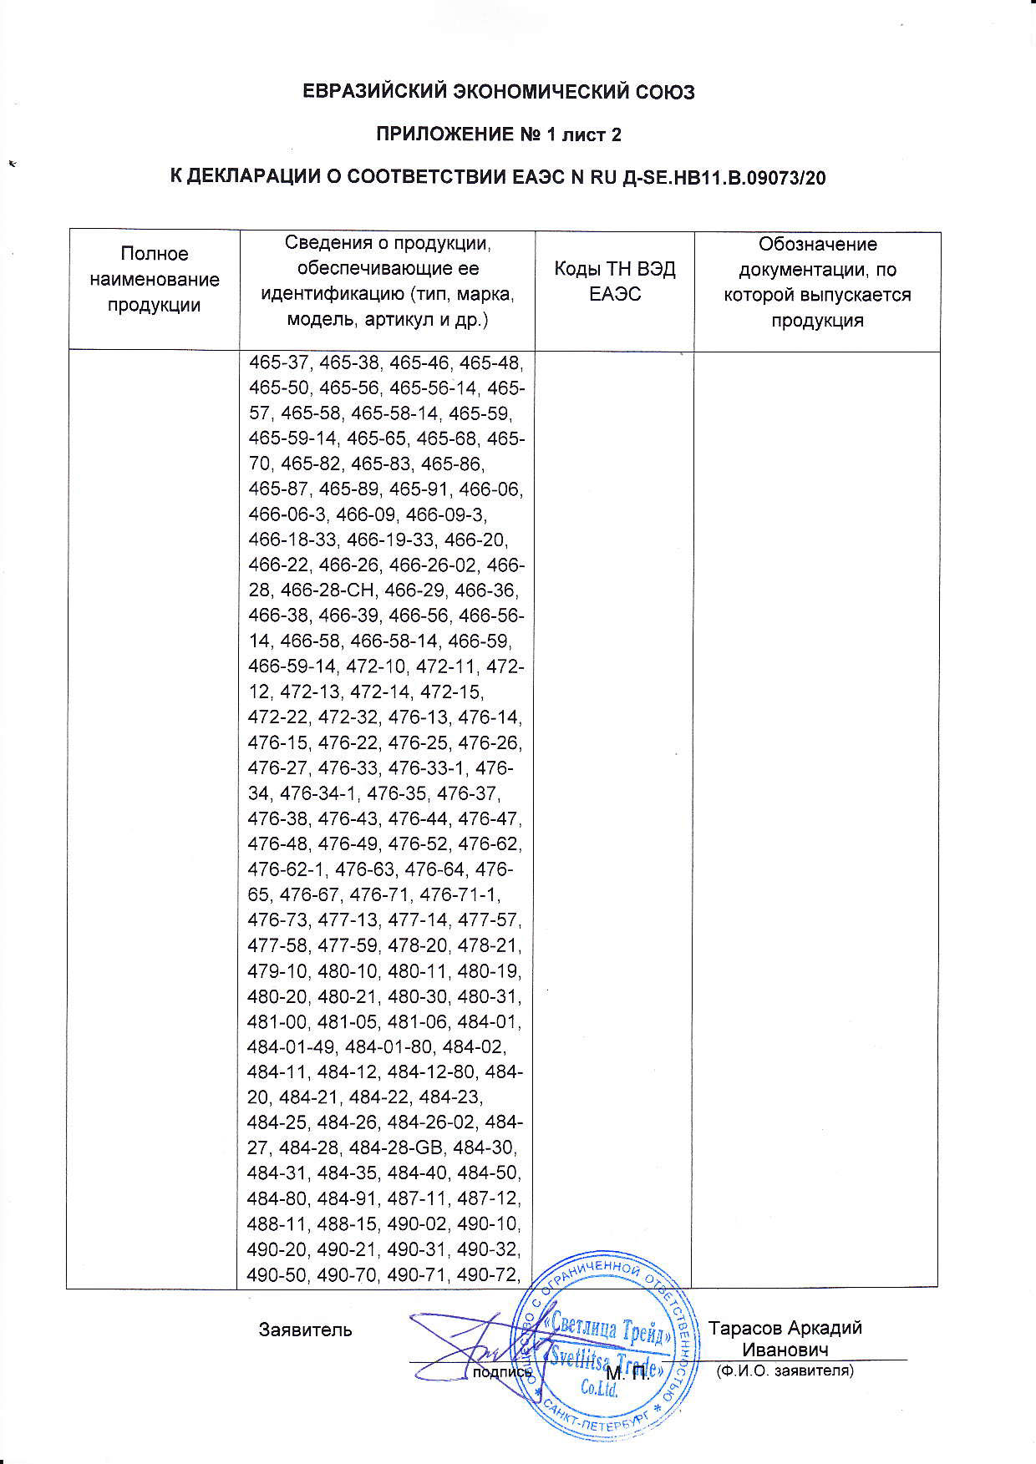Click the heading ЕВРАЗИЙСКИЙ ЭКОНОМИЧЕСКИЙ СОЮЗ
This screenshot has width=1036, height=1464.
click(498, 92)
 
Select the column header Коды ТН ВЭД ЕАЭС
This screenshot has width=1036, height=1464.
click(614, 281)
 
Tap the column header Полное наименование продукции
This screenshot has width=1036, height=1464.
click(154, 279)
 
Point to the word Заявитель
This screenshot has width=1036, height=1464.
click(305, 1329)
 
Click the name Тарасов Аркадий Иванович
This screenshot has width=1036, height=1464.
click(785, 1339)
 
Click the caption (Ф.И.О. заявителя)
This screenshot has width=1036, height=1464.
click(785, 1370)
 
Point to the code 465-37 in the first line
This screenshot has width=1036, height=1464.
click(278, 363)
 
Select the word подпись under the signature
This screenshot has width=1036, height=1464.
click(502, 1372)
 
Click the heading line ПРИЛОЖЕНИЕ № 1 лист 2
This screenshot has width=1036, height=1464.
click(498, 134)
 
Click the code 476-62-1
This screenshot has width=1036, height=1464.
click(286, 869)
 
